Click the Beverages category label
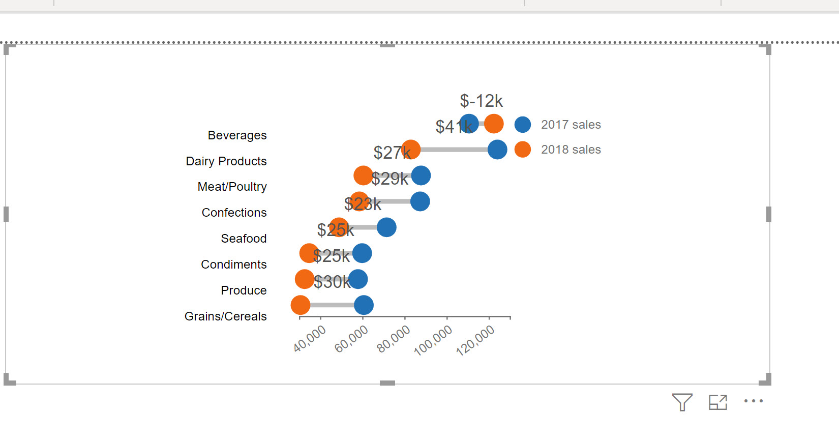[237, 135]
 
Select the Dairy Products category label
[226, 161]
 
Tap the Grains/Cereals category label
[225, 316]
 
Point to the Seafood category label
[244, 239]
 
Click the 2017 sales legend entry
[571, 125]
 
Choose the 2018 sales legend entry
[571, 150]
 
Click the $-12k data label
[481, 101]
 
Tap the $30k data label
[332, 282]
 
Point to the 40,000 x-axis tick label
[310, 339]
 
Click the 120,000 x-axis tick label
[475, 340]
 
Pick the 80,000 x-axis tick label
[394, 339]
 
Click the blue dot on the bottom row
[364, 305]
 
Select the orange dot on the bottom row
[301, 305]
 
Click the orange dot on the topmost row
[494, 124]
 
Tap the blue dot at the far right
[497, 150]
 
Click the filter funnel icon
[682, 402]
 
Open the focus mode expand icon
[718, 402]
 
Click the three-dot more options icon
[753, 401]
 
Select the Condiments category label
[233, 265]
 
